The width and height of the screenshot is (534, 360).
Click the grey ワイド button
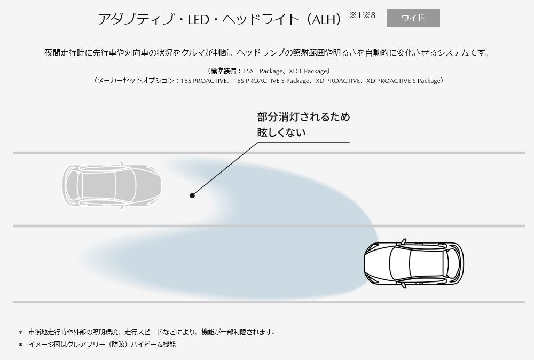tap(413, 18)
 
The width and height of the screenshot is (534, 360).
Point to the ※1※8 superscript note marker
tap(362, 15)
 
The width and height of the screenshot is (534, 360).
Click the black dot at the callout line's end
tap(192, 195)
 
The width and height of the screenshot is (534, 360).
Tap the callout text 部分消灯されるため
tap(303, 117)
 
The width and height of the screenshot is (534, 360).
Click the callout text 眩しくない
tap(281, 132)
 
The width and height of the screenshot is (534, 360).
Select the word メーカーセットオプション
tap(135, 81)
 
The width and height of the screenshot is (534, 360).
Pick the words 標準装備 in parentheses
tap(221, 71)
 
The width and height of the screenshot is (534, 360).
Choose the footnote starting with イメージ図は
tap(101, 345)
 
